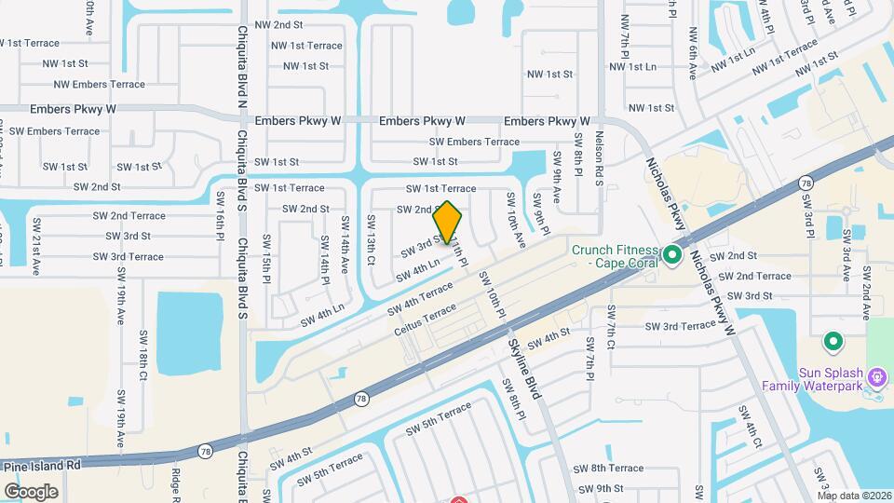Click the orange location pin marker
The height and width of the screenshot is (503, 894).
(x=448, y=223)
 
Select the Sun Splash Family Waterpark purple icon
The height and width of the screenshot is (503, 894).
(x=876, y=376)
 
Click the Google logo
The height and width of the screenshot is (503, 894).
(x=31, y=491)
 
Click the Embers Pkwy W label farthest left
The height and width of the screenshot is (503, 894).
(x=73, y=109)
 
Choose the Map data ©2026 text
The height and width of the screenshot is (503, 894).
(x=854, y=496)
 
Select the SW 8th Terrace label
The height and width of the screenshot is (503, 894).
(x=608, y=468)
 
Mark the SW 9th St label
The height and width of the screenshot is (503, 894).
(x=597, y=488)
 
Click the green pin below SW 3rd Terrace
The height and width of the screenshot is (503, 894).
(x=833, y=340)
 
